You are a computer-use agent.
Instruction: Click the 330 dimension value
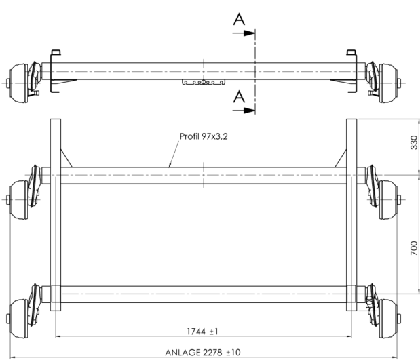(x=414, y=143)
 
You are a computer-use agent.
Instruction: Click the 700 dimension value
(x=414, y=249)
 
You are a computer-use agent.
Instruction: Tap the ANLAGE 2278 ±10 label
(x=203, y=353)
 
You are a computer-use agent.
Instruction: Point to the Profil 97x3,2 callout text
(x=204, y=136)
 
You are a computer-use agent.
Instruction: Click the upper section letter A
(x=239, y=19)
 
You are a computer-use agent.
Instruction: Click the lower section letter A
(x=239, y=97)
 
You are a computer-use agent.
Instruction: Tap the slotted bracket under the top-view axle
(x=204, y=83)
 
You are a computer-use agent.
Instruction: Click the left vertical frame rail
(x=56, y=224)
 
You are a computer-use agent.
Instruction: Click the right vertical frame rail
(x=351, y=224)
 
